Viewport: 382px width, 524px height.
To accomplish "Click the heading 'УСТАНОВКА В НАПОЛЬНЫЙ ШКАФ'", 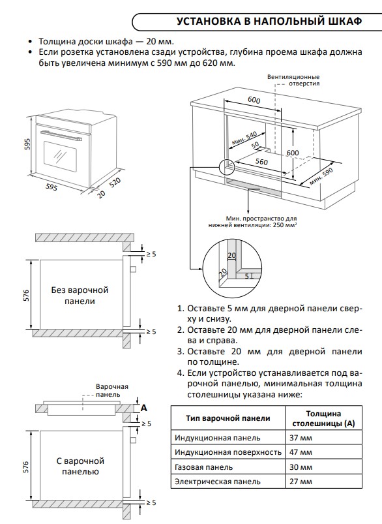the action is pyautogui.click(x=269, y=22).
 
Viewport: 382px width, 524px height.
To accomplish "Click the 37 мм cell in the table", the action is pyautogui.click(x=301, y=437).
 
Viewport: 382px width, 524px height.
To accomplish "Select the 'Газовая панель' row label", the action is pyautogui.click(x=203, y=467).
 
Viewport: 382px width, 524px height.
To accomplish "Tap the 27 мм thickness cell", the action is pyautogui.click(x=301, y=482).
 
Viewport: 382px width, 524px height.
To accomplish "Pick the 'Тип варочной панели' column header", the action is pyautogui.click(x=228, y=418).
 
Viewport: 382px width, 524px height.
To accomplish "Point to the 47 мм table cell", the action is pyautogui.click(x=301, y=452).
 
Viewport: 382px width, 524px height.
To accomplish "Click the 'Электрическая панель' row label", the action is pyautogui.click(x=217, y=482).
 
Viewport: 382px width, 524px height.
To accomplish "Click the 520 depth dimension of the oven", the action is pyautogui.click(x=115, y=183).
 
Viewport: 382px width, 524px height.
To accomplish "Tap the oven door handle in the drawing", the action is pyautogui.click(x=61, y=135).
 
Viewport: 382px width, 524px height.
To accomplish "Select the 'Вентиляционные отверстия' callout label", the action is pyautogui.click(x=293, y=80).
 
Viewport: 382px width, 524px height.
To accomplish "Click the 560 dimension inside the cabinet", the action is pyautogui.click(x=261, y=162).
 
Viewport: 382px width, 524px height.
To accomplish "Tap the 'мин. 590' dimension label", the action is pyautogui.click(x=321, y=176).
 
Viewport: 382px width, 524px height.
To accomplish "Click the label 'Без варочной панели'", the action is pyautogui.click(x=80, y=296).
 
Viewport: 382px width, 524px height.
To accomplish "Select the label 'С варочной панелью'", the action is pyautogui.click(x=80, y=466).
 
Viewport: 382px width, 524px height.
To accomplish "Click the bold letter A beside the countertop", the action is pyautogui.click(x=144, y=408).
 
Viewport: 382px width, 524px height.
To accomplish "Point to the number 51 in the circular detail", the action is pyautogui.click(x=249, y=276).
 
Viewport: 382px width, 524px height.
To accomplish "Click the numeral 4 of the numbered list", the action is pyautogui.click(x=180, y=373).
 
